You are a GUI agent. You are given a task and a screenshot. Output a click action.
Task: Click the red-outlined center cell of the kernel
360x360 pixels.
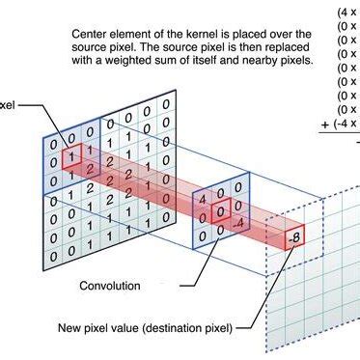tap(221, 211)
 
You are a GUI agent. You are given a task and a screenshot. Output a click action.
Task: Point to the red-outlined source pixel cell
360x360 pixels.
tap(69, 155)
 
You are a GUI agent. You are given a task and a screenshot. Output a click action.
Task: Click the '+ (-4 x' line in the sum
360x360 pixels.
tap(339, 123)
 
